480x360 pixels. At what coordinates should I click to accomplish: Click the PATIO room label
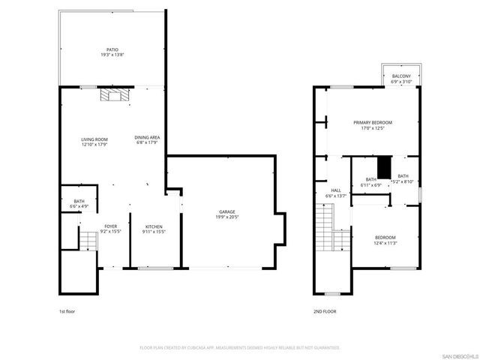point(111,52)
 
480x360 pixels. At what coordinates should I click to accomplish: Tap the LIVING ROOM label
point(95,142)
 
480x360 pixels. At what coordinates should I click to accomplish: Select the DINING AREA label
point(146,139)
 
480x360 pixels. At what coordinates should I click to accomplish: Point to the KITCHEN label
point(154,229)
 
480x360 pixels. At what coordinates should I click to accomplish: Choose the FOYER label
point(109,229)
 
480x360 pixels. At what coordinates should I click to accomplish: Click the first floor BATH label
point(79,202)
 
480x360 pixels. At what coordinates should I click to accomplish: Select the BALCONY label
point(401,76)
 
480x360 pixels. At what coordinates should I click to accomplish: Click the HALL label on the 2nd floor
point(337,193)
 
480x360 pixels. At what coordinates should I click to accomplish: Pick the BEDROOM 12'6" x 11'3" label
point(385,240)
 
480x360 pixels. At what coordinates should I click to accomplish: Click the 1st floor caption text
point(67,310)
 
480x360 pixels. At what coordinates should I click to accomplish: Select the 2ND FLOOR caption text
point(325,310)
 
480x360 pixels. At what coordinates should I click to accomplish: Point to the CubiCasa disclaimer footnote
point(239,348)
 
